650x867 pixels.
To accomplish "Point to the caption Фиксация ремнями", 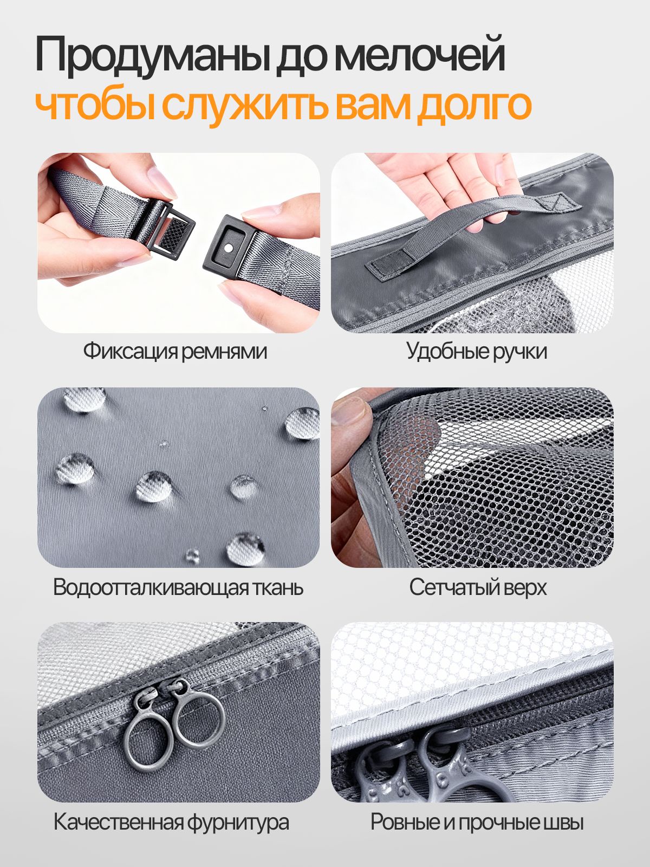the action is point(175,351).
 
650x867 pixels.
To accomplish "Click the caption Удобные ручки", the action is point(477,351).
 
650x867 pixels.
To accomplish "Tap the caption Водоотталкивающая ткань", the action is point(178,587).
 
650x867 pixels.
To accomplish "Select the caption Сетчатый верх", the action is point(478,587).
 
